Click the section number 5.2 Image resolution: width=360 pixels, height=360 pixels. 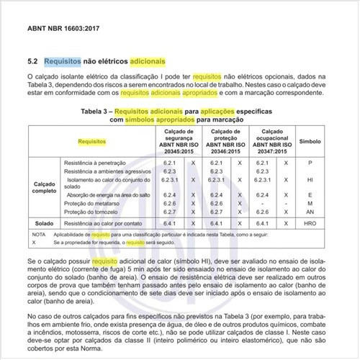click(x=32, y=62)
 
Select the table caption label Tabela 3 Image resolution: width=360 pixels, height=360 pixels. click(x=95, y=112)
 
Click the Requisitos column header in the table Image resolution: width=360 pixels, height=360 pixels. click(x=92, y=143)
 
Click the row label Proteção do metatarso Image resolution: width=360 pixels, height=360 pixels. click(x=91, y=204)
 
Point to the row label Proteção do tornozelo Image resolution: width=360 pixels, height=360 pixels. click(x=91, y=212)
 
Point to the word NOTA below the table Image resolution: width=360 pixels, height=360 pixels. click(x=39, y=235)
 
